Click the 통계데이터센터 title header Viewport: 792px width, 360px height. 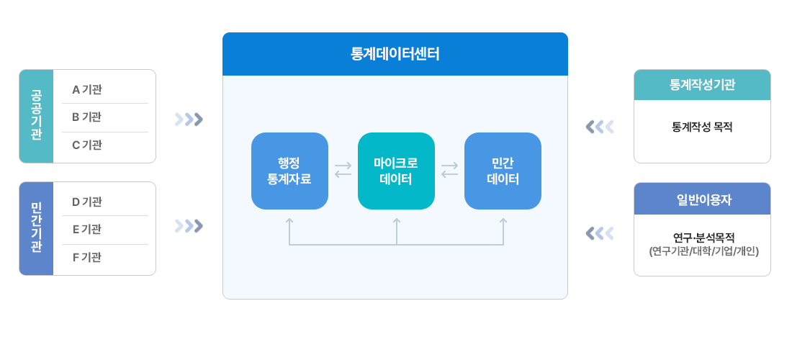[395, 54]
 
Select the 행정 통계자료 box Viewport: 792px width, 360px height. [289, 171]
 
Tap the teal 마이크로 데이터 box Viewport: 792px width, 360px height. [396, 171]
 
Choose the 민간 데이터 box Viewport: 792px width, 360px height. [503, 171]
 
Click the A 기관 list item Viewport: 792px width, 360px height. [87, 90]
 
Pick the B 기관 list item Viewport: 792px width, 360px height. [86, 117]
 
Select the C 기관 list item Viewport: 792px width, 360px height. [87, 145]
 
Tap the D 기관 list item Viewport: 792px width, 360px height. [87, 202]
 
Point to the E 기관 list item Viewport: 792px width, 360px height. [86, 229]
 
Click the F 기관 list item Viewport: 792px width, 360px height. [86, 257]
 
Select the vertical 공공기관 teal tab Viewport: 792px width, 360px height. [36, 116]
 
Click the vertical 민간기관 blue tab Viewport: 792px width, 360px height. [36, 228]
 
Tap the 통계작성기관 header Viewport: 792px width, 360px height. [702, 85]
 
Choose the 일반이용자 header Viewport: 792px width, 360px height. [702, 199]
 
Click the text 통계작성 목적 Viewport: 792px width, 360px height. [702, 127]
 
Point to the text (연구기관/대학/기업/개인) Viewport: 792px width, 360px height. [703, 251]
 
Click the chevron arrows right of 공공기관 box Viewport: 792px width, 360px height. [189, 119]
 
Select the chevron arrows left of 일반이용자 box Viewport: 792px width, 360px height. [600, 233]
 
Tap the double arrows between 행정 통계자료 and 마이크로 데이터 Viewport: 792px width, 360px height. [343, 170]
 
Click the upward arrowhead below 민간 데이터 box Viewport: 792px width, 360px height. [503, 222]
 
